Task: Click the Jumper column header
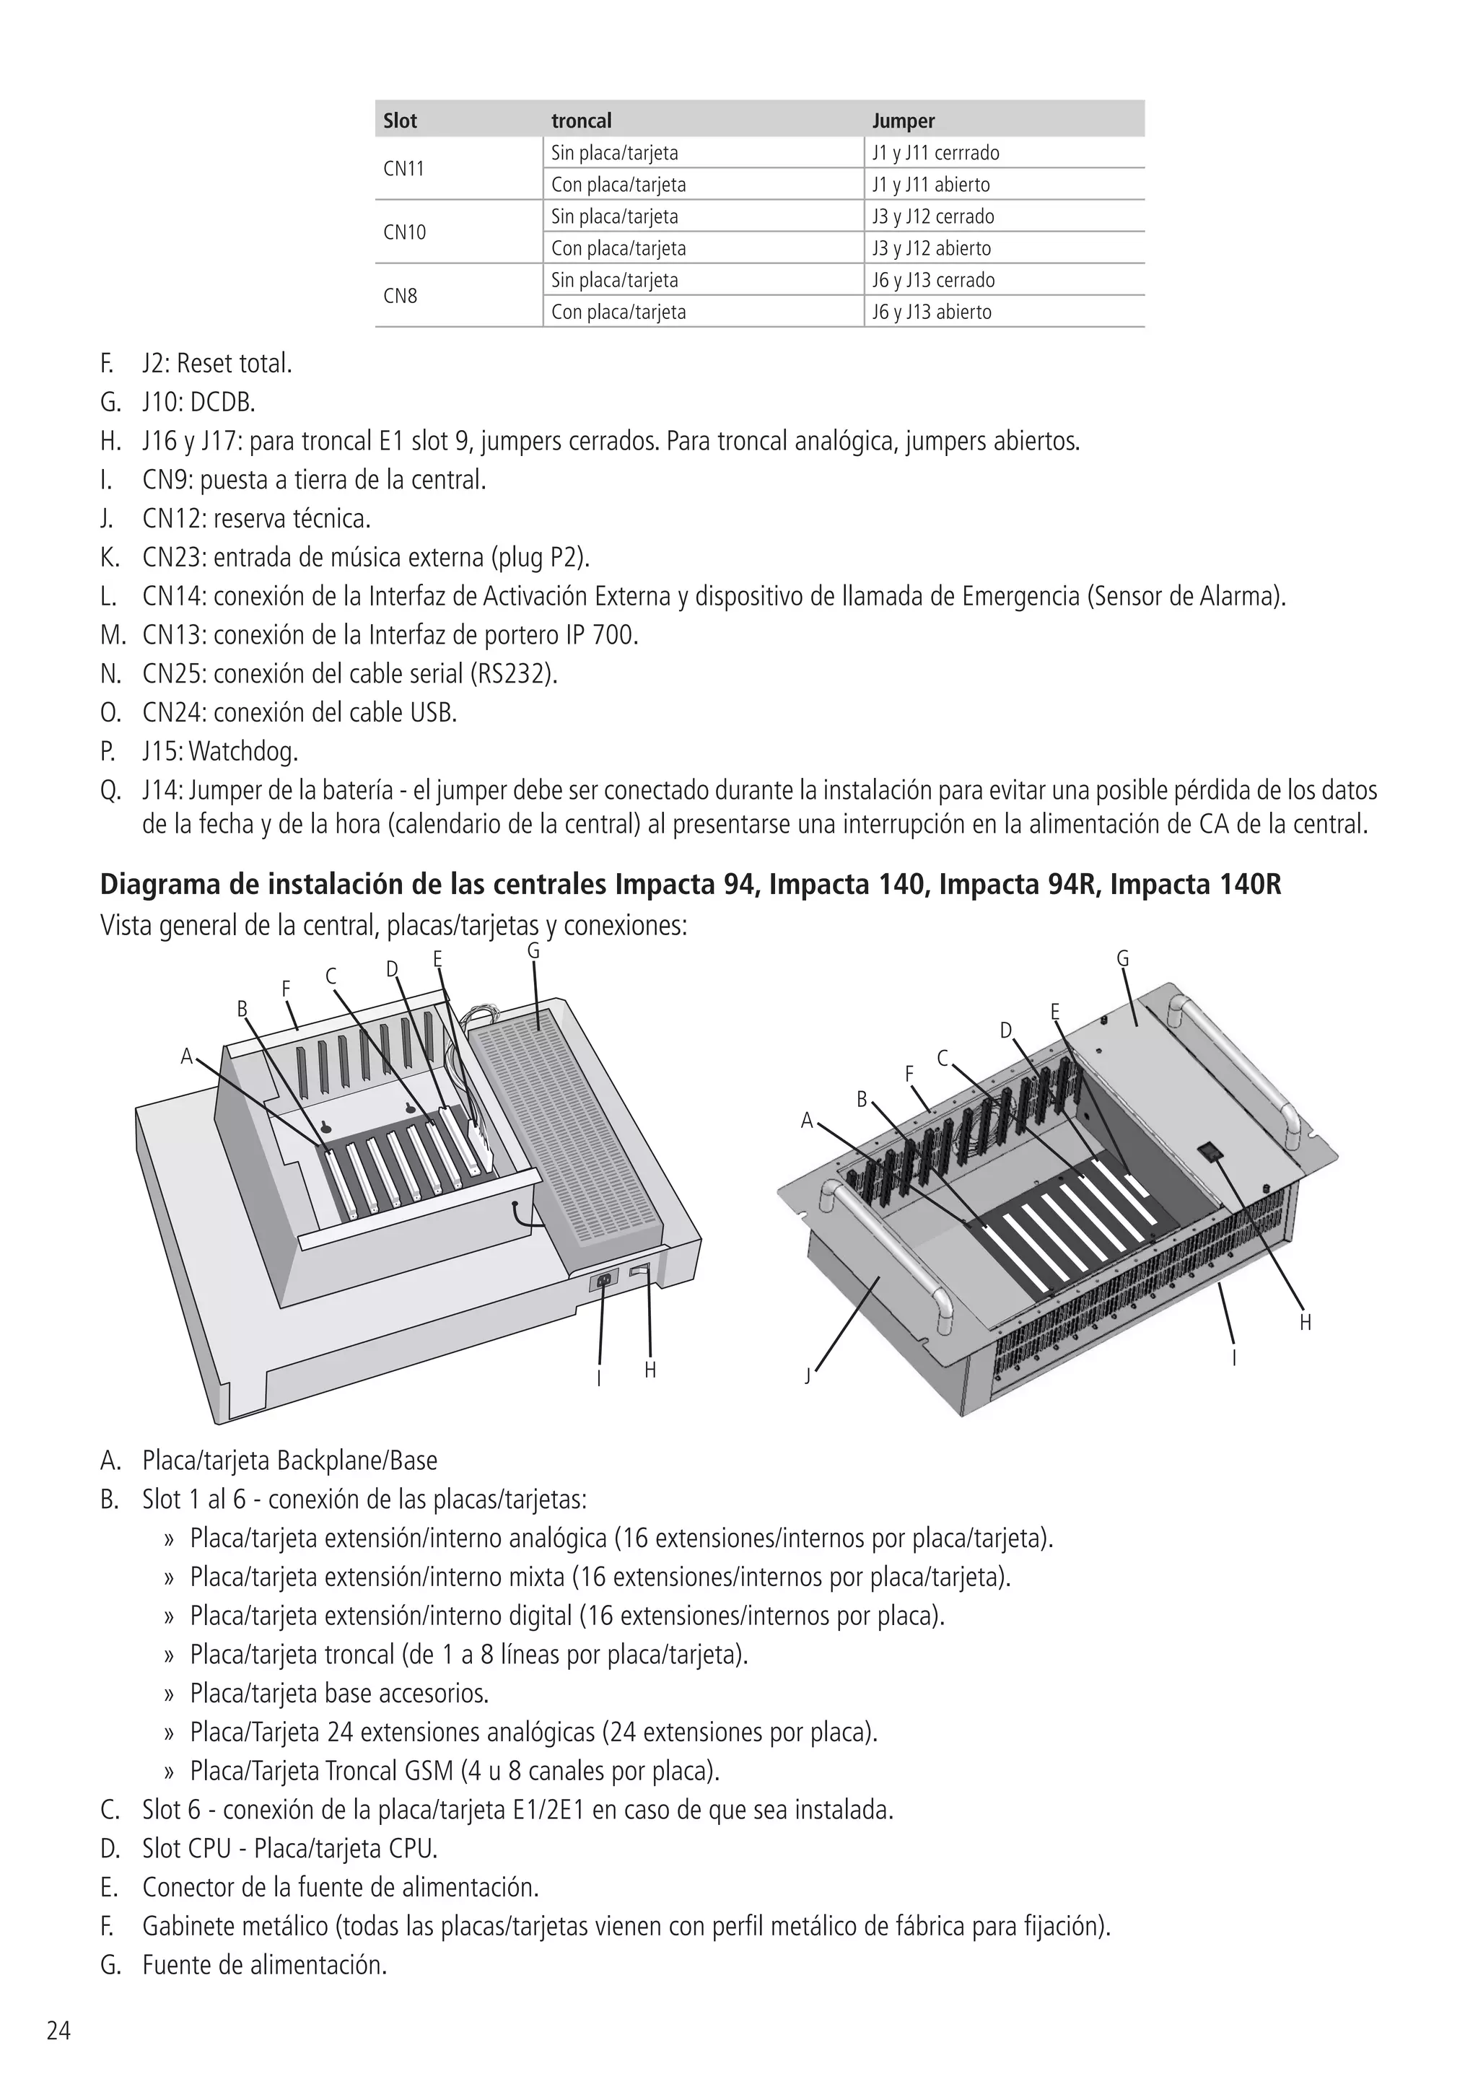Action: tap(903, 121)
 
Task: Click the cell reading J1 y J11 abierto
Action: tap(930, 185)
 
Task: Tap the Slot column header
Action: tap(400, 121)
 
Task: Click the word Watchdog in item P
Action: tap(243, 753)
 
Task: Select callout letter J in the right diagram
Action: tap(807, 1376)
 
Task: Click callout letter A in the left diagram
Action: tap(186, 1056)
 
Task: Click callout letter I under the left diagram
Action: tap(598, 1379)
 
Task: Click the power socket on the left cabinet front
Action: tap(602, 1282)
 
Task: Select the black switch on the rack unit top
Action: tap(1210, 1151)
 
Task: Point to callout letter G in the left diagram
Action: tap(533, 951)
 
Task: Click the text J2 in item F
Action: tap(154, 364)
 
